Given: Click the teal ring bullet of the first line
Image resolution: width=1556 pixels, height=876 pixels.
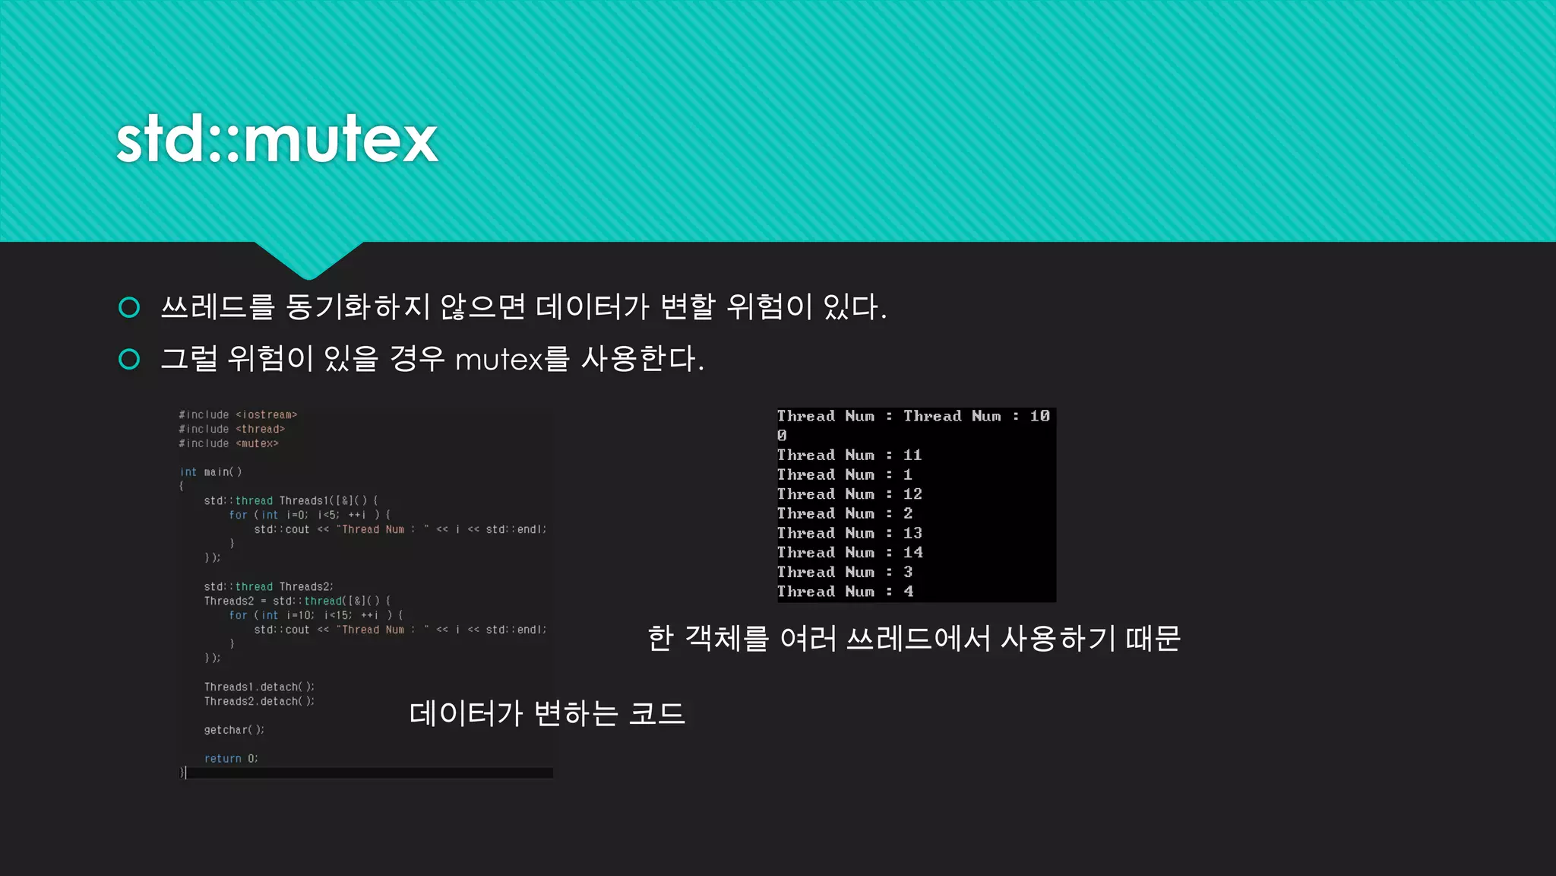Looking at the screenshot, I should [130, 307].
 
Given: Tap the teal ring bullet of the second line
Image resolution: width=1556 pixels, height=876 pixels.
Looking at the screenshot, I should [130, 359].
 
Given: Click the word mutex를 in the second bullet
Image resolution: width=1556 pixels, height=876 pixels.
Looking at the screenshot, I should [511, 359].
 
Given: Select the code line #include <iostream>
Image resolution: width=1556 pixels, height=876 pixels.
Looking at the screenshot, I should [238, 415].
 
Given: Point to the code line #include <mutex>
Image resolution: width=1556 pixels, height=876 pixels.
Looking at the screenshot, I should [229, 444].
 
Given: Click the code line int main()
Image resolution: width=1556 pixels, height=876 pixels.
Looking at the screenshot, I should [210, 472].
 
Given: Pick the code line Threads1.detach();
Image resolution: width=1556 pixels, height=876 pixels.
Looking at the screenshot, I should [258, 687].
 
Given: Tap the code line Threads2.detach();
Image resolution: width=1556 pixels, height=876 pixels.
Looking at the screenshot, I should [258, 702].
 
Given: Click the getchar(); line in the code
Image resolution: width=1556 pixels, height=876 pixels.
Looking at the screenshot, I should [234, 730].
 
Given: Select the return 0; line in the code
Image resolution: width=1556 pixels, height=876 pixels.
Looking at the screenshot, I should [231, 759].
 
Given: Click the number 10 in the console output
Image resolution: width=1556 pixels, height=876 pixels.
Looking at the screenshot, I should [1039, 416].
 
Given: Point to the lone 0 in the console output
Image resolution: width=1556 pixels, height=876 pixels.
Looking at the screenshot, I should [782, 436].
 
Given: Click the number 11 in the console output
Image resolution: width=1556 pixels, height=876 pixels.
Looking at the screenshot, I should [912, 455].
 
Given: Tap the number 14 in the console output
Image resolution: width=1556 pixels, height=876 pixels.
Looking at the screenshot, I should [912, 553].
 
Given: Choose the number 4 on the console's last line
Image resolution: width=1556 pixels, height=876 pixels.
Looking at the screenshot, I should [908, 592].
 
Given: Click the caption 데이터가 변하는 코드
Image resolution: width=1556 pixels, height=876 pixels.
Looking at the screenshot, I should [547, 714].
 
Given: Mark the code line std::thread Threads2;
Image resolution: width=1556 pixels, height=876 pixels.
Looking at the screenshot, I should [268, 587].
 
